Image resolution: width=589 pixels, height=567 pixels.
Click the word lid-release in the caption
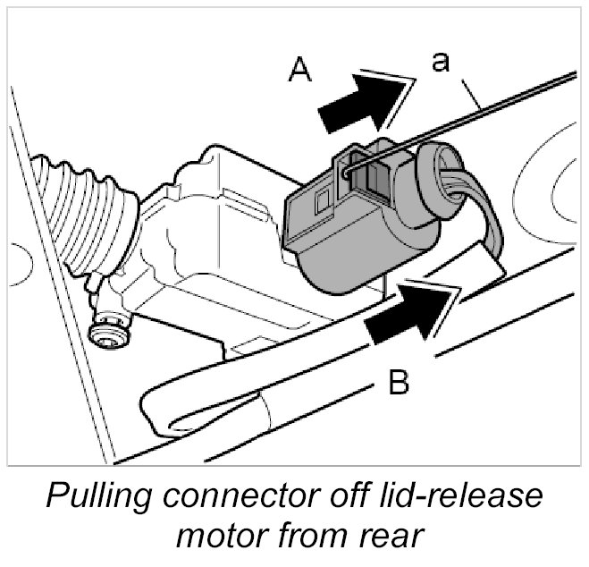[465, 496]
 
